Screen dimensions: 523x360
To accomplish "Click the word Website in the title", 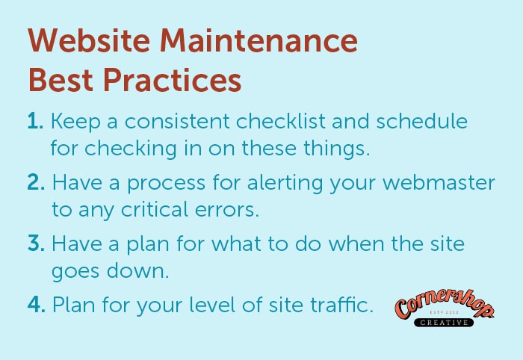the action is click(89, 40).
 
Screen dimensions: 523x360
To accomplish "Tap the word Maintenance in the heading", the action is click(259, 40).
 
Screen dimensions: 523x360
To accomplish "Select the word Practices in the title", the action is click(172, 80).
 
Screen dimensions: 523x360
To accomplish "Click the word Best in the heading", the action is click(61, 80).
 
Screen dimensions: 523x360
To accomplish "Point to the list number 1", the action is click(35, 121).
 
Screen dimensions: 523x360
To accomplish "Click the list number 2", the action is click(36, 182).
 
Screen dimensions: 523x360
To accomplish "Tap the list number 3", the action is click(36, 243).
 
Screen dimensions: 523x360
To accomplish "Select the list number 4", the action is click(37, 304).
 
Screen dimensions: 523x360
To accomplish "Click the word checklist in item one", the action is click(280, 121).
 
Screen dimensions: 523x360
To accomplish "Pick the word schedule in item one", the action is click(422, 121).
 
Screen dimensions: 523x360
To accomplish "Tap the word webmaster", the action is click(439, 182).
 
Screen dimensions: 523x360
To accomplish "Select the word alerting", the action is click(285, 184).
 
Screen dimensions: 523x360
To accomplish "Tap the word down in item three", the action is click(137, 270).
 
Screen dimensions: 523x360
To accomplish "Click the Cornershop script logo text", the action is click(445, 303).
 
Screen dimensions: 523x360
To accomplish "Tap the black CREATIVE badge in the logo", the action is click(444, 323).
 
